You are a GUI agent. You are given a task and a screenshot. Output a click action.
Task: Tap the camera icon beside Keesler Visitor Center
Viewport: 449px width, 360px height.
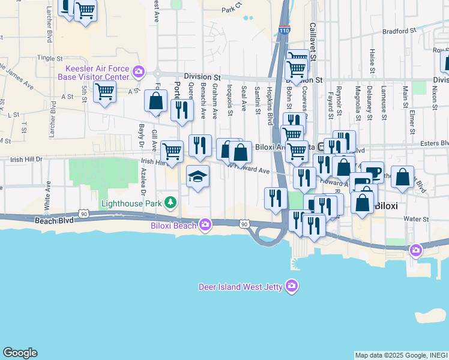[x=139, y=72]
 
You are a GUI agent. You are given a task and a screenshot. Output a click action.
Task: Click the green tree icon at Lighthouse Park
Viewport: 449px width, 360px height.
[x=171, y=202]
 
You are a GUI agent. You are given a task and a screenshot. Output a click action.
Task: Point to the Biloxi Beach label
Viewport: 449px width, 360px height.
[x=173, y=226]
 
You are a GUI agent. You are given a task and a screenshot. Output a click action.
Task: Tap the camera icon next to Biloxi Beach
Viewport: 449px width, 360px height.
[x=205, y=224]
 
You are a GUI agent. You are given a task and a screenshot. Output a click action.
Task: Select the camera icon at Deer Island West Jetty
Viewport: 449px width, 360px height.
[x=291, y=285]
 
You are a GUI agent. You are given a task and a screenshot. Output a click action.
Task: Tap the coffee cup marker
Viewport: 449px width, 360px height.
[x=373, y=172]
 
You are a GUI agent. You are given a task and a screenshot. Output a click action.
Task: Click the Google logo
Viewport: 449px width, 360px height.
[x=20, y=353]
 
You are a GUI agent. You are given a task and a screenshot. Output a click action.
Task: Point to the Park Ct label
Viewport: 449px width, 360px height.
[x=231, y=10]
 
